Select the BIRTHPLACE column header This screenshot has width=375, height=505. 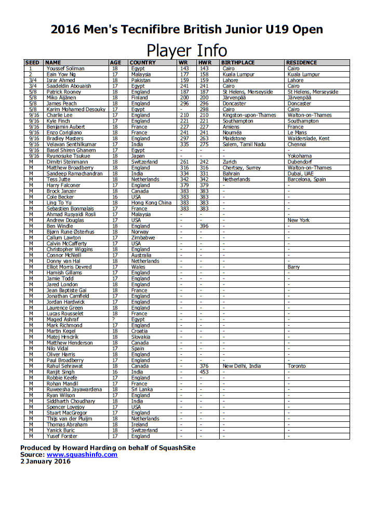238,63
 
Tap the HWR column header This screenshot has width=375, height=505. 204,63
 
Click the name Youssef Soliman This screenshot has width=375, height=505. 65,69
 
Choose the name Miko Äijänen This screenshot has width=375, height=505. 62,98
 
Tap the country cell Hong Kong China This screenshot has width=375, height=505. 151,203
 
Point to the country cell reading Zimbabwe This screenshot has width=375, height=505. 142,237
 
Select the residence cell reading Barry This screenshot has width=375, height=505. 293,267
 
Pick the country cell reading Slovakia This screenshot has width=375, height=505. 141,337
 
